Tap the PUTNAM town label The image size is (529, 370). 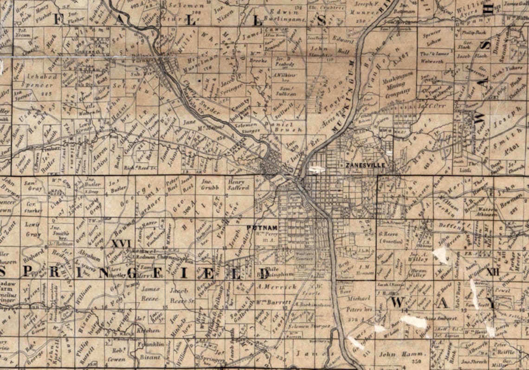coord(262,227)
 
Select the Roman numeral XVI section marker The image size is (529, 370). coord(122,243)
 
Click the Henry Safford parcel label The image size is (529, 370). coord(239,185)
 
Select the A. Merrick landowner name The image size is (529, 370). coord(276,287)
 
